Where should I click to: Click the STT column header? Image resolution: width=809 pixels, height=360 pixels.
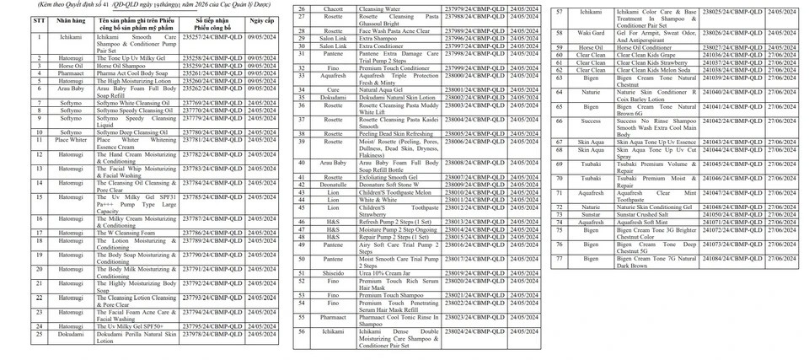coord(40,19)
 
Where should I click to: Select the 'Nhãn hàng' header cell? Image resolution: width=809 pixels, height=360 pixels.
coord(71,19)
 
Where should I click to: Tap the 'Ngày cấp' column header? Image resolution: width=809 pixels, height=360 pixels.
coord(261,19)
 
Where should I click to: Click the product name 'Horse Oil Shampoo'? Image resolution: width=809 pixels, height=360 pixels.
coord(123,65)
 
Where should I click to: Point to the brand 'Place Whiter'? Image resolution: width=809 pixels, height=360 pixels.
coord(71,140)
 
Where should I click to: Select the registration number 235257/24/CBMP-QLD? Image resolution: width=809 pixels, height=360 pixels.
coord(213,37)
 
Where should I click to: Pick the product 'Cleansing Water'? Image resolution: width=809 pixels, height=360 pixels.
coord(379,8)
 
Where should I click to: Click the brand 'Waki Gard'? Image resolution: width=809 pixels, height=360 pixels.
coord(591,33)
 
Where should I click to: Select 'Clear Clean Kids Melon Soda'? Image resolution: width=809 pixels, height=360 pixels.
coord(659,69)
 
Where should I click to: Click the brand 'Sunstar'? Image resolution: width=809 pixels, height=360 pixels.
coord(591,214)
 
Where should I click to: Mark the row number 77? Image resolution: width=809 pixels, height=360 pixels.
coord(560,259)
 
